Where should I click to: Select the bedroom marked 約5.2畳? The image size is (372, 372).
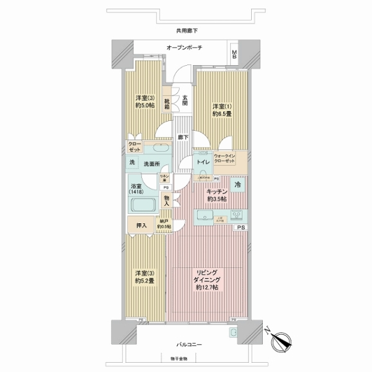[x=144, y=276]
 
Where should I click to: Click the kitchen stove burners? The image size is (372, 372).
[x=235, y=216]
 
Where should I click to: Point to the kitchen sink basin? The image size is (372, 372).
[x=205, y=216]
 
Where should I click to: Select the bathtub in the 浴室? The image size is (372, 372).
[x=144, y=205]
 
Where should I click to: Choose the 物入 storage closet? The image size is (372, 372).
[x=167, y=200]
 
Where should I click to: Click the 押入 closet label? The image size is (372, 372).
[x=141, y=226]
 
